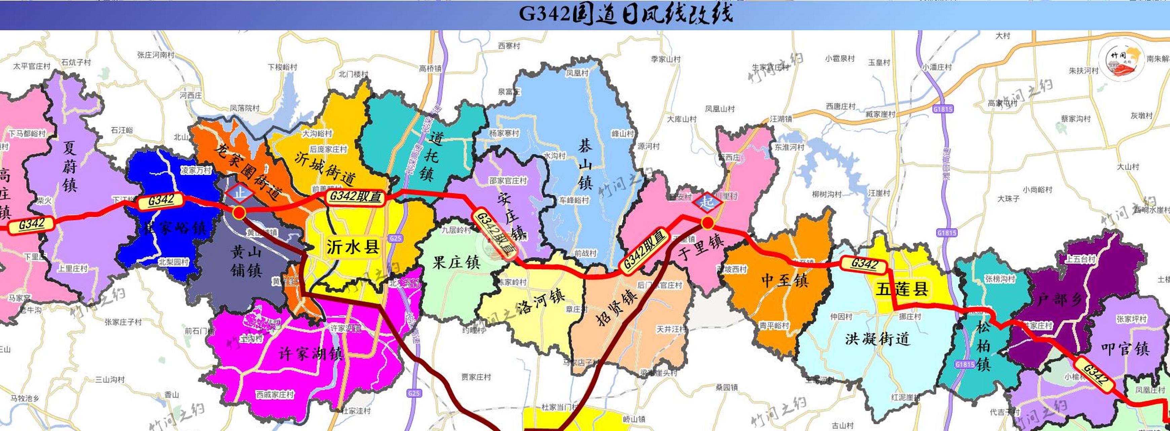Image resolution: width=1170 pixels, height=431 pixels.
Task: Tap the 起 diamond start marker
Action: [706, 201]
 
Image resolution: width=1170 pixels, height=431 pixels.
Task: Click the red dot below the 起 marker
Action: [707, 223]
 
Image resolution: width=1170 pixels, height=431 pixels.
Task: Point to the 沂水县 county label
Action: [353, 247]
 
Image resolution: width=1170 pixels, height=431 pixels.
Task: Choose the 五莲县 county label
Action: [902, 289]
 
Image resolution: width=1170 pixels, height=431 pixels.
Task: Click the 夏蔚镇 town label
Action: [70, 166]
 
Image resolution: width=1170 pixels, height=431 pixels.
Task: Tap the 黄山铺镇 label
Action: [246, 261]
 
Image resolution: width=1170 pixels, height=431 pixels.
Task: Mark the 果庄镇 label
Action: [456, 262]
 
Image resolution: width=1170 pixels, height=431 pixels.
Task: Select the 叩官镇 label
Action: [1125, 349]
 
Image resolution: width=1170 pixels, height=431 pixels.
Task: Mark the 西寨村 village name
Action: [509, 46]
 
